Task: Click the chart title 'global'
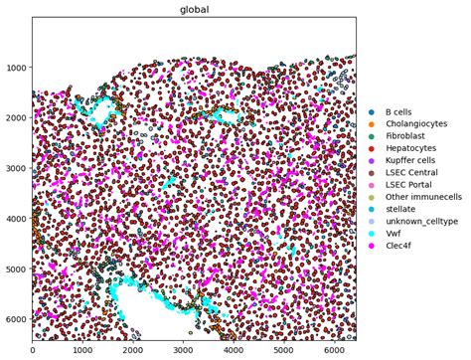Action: click(x=194, y=10)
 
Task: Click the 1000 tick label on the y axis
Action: click(x=17, y=68)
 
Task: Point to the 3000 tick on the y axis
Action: click(x=17, y=168)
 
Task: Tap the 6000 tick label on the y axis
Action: click(x=17, y=319)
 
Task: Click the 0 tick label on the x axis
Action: click(x=33, y=350)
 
